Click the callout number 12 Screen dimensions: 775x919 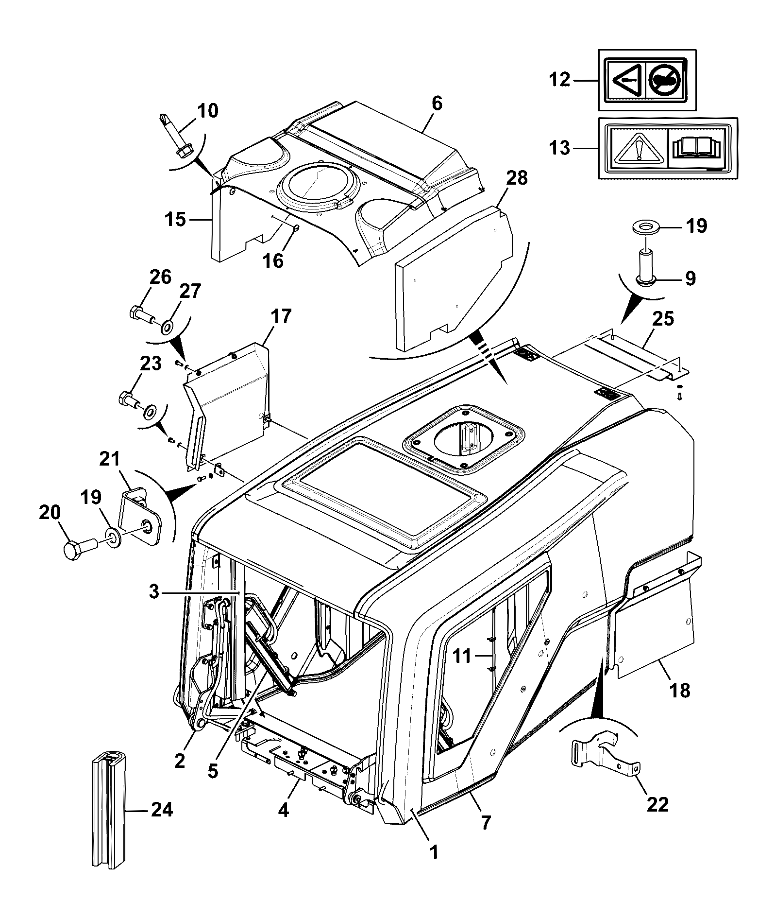coord(560,79)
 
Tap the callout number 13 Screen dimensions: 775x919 coord(560,147)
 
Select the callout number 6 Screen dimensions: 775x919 coord(437,104)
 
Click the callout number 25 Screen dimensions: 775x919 coord(664,319)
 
